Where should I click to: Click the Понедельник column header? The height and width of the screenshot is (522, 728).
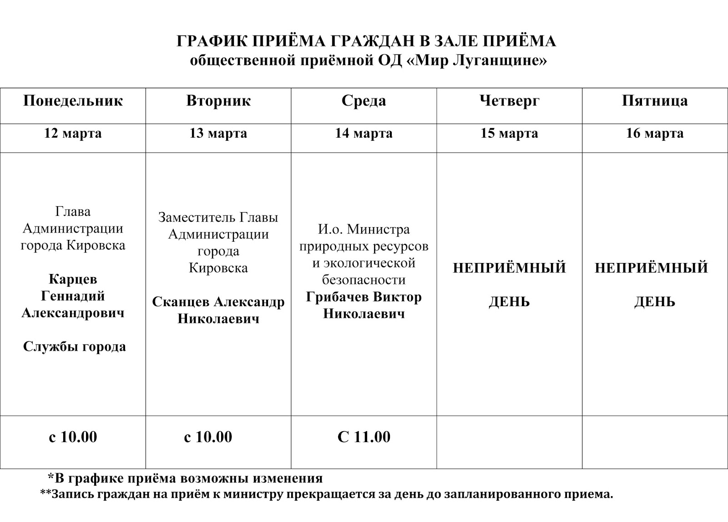[73, 100]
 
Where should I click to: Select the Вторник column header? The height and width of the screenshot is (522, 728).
[218, 100]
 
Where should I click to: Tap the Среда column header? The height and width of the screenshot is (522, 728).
[364, 100]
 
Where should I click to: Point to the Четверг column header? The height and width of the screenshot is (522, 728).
[509, 100]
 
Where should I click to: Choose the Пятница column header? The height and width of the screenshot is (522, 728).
[655, 100]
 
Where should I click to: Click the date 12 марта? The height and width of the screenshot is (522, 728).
[73, 134]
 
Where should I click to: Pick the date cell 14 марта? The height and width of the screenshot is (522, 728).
[364, 134]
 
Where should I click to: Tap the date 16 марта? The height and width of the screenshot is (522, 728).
[655, 134]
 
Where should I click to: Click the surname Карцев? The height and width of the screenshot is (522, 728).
[73, 279]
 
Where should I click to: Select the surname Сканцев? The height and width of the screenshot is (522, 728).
[181, 302]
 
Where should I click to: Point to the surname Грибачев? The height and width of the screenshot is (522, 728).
[338, 297]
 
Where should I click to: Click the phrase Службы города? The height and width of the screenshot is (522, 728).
[74, 347]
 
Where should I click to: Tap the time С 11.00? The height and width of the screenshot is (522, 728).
[364, 437]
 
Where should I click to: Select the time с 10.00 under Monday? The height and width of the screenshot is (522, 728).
[73, 437]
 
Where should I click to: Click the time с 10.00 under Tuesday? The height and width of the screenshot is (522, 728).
[208, 437]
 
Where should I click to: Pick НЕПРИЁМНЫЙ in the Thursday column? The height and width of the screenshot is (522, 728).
[509, 268]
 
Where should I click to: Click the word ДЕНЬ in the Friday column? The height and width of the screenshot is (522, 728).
[655, 302]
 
